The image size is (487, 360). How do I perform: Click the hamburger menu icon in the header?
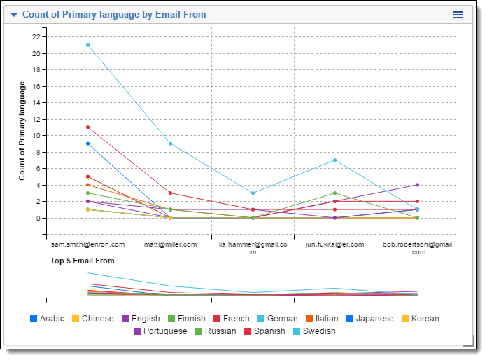[458, 15]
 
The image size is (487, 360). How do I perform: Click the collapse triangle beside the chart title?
[14, 15]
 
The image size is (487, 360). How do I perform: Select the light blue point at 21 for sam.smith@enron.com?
[87, 45]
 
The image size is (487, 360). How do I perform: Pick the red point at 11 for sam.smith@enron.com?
[87, 127]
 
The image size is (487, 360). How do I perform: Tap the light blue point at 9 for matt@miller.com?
[170, 144]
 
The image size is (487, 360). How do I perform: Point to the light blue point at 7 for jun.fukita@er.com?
[334, 160]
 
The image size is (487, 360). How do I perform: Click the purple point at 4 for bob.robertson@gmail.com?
[417, 185]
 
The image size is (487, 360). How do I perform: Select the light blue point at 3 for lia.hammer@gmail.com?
[253, 193]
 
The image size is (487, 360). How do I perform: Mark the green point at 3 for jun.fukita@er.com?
[334, 193]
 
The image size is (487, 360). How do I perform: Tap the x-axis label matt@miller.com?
[170, 244]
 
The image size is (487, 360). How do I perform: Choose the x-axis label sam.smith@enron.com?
[87, 244]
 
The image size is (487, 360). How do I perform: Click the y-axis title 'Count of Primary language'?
[22, 131]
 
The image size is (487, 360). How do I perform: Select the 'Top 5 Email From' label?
[82, 261]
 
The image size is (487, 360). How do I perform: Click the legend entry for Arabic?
[47, 319]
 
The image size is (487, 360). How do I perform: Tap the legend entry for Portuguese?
[160, 331]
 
